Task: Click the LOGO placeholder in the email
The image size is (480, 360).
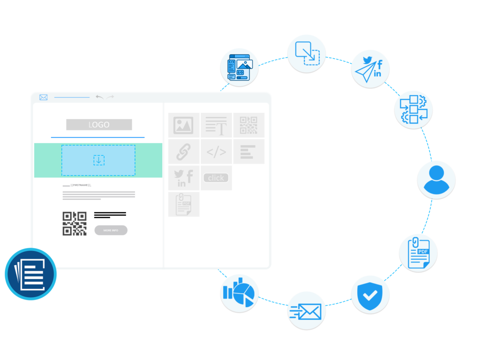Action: (x=99, y=125)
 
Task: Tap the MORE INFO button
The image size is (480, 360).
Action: (x=111, y=230)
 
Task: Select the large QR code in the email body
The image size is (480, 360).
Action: (x=75, y=223)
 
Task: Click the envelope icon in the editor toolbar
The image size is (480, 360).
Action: (x=44, y=97)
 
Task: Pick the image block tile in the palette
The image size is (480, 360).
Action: (x=184, y=125)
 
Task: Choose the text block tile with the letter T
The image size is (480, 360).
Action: (x=216, y=125)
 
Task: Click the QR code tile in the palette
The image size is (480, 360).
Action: (x=249, y=125)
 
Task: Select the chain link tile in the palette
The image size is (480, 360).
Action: (x=184, y=151)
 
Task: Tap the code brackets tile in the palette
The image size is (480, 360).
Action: (x=216, y=151)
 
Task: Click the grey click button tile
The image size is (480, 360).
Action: (x=216, y=178)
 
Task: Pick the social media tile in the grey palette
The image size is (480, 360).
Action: (x=184, y=178)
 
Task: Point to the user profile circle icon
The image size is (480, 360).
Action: (x=436, y=180)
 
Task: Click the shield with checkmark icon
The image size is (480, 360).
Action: (x=370, y=294)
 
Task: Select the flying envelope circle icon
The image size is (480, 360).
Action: (x=307, y=310)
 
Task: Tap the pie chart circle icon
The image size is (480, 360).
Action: (x=240, y=293)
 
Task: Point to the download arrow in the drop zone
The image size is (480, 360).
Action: (x=98, y=160)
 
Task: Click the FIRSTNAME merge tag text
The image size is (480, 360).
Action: (x=81, y=185)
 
